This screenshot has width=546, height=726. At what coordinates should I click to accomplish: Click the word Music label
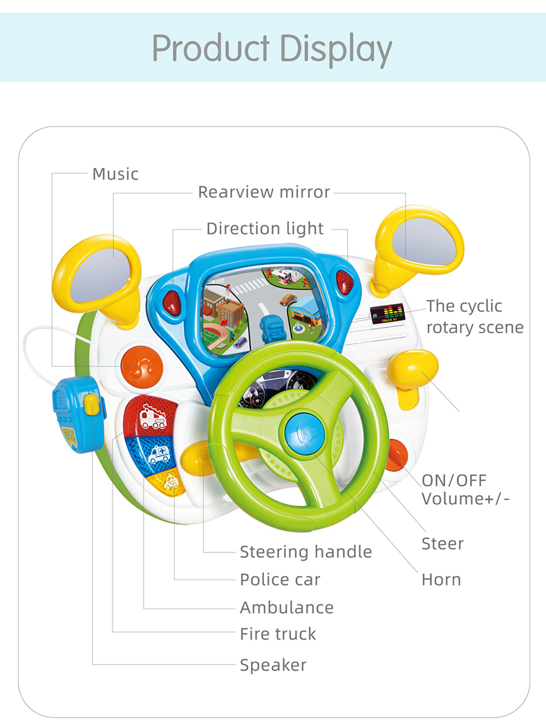115,174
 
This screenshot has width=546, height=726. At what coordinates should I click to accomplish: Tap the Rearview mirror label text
264,192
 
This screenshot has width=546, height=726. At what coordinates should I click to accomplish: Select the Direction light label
265,228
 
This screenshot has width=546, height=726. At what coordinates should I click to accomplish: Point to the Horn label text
441,579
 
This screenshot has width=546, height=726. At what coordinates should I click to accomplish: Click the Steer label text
442,543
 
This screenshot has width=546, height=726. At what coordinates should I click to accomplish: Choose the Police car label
280,579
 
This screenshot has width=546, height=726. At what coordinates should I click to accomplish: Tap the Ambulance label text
286,608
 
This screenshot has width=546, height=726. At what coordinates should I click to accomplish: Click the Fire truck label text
278,633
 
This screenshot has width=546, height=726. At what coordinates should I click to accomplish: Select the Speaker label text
273,665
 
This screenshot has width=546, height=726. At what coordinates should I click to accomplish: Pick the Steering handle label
305,552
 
